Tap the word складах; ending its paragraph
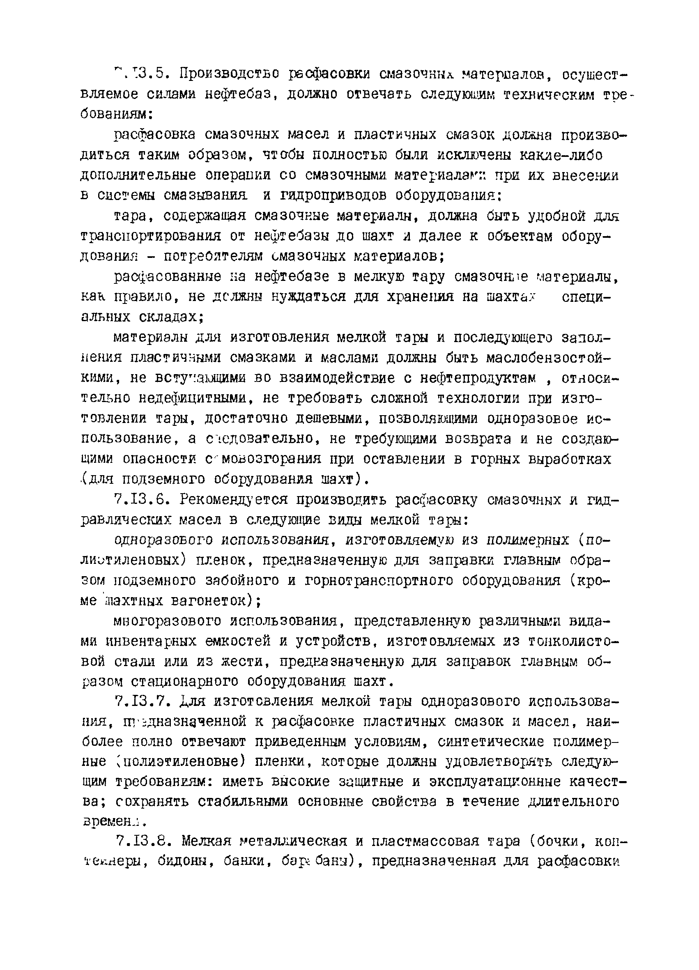coord(171,317)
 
